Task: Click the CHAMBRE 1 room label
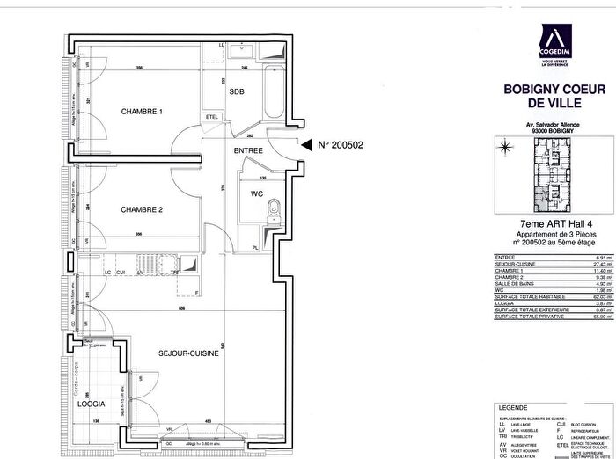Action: click(x=142, y=112)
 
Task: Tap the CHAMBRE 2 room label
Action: click(x=142, y=209)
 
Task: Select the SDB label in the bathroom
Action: click(x=237, y=91)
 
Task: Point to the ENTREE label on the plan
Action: click(x=249, y=150)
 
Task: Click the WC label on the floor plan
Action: click(x=257, y=193)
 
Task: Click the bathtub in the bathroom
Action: click(x=271, y=92)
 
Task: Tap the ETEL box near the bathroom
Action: click(x=212, y=117)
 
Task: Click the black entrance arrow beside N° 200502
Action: click(x=305, y=145)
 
